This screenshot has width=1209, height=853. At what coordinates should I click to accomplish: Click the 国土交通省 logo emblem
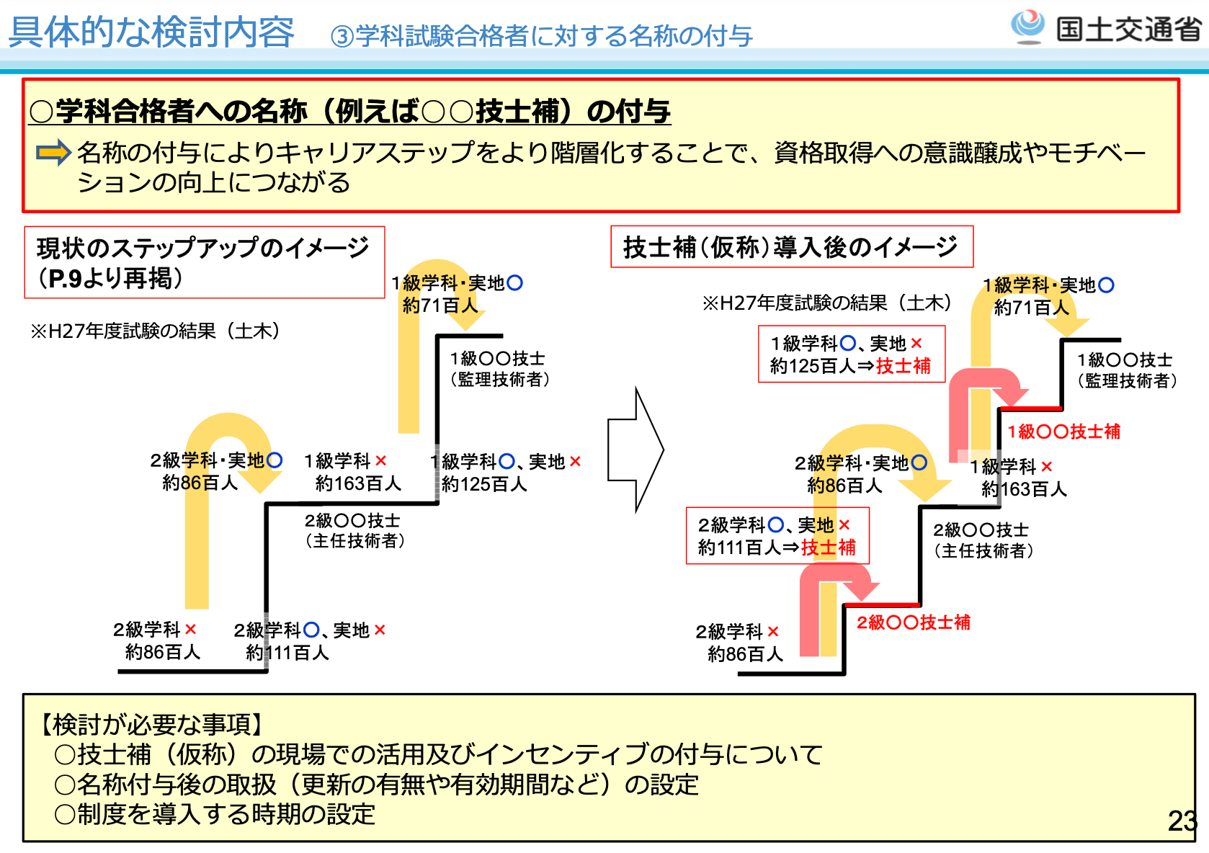pyautogui.click(x=1027, y=26)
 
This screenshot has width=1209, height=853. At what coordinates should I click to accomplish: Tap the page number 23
pyautogui.click(x=1182, y=821)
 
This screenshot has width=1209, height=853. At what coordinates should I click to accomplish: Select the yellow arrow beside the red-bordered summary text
pyautogui.click(x=53, y=153)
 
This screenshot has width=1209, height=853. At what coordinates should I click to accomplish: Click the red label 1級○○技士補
pyautogui.click(x=1063, y=432)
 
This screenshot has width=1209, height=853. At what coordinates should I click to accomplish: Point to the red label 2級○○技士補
pyautogui.click(x=913, y=622)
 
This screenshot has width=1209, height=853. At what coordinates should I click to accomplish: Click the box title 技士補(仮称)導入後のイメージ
pyautogui.click(x=790, y=247)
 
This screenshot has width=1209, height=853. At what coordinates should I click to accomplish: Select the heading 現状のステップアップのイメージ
pyautogui.click(x=202, y=248)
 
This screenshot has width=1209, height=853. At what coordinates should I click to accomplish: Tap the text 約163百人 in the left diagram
pyautogui.click(x=358, y=483)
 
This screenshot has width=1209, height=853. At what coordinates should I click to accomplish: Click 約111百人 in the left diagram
pyautogui.click(x=287, y=653)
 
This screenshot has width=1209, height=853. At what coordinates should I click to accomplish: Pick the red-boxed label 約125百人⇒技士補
pyautogui.click(x=850, y=366)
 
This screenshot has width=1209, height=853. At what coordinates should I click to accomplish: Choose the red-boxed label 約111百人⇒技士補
pyautogui.click(x=777, y=548)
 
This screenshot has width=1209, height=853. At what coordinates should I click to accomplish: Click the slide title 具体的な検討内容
pyautogui.click(x=151, y=32)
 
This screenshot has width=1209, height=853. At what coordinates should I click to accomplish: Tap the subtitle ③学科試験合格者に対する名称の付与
pyautogui.click(x=541, y=36)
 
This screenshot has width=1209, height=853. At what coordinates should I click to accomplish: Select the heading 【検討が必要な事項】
pyautogui.click(x=151, y=724)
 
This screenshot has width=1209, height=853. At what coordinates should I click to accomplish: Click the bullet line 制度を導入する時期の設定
pyautogui.click(x=215, y=814)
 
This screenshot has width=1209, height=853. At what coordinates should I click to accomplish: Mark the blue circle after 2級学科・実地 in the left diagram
pyautogui.click(x=275, y=460)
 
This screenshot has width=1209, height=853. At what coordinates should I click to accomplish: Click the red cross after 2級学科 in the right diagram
pyautogui.click(x=773, y=632)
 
